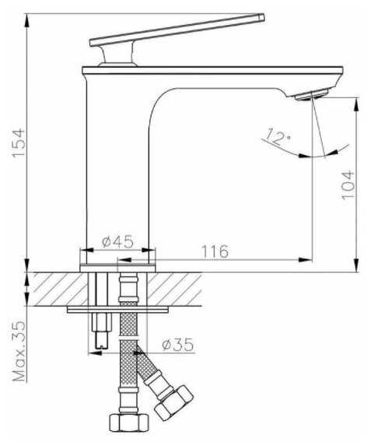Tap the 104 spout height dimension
(x=348, y=184)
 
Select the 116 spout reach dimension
(x=215, y=251)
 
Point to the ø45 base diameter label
(x=117, y=242)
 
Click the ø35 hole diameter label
(x=178, y=344)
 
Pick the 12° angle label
(x=277, y=137)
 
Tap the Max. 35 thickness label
(x=19, y=352)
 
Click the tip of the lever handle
(x=262, y=17)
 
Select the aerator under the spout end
(x=312, y=94)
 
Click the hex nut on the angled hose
(x=174, y=403)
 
